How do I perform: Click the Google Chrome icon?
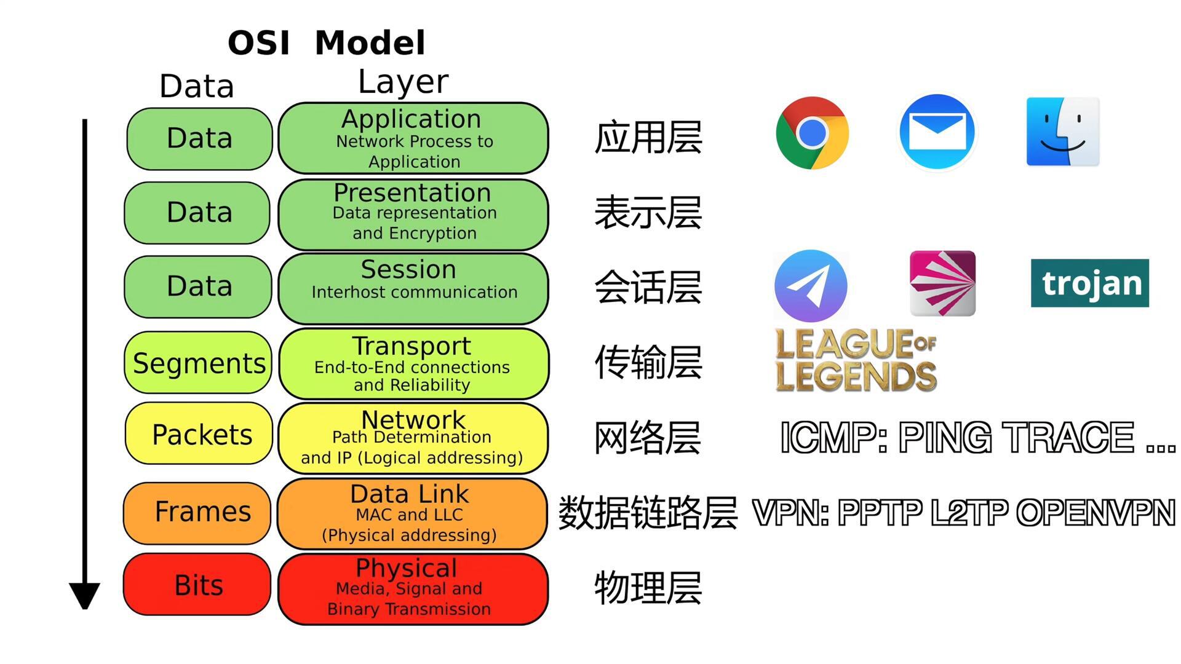812,133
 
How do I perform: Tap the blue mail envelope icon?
937,132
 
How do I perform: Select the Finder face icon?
1062,132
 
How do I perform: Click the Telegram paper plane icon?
811,286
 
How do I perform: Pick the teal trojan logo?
1089,283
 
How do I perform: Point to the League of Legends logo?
856,360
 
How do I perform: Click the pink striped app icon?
942,283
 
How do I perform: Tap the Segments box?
198,363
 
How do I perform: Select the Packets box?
199,434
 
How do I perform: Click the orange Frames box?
197,512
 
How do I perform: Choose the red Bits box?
197,585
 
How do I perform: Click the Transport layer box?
413,364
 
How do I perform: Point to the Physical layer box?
413,588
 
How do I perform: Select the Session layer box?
413,288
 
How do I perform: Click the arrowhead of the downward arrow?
84,595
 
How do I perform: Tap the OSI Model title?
326,43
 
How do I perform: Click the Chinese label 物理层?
648,588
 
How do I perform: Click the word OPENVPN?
1096,513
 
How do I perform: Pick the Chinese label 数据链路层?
647,513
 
